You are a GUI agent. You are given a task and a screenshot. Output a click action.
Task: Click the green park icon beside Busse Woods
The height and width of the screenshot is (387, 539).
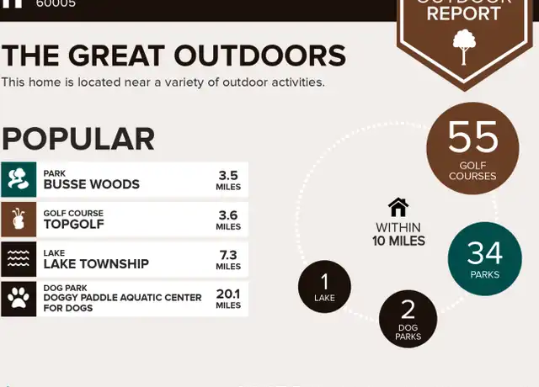pyautogui.click(x=19, y=179)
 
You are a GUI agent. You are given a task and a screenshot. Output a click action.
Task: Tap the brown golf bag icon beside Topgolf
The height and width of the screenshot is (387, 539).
pyautogui.click(x=19, y=219)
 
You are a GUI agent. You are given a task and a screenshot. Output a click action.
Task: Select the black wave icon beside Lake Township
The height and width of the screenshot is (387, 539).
pyautogui.click(x=19, y=259)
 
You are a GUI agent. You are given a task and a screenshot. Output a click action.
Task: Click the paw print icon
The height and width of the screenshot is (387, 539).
pyautogui.click(x=19, y=299)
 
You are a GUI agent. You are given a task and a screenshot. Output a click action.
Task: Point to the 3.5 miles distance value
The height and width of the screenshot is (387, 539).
pyautogui.click(x=228, y=180)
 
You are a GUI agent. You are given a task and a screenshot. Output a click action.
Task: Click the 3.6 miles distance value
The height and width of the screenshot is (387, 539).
pyautogui.click(x=228, y=220)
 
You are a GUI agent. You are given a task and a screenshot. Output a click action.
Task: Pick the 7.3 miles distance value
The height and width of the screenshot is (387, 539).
pyautogui.click(x=228, y=260)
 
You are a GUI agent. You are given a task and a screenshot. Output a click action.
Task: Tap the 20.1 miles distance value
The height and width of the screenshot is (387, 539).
pyautogui.click(x=228, y=299)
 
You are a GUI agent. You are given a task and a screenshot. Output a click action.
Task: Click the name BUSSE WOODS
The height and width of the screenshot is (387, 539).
pyautogui.click(x=92, y=184)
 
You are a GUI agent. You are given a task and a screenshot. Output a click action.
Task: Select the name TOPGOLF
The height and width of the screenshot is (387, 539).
pyautogui.click(x=73, y=225)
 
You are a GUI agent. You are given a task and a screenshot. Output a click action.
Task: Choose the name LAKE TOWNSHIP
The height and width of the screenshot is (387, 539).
pyautogui.click(x=96, y=263)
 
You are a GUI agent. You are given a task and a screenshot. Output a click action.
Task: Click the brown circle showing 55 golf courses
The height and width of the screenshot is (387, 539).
pyautogui.click(x=472, y=148)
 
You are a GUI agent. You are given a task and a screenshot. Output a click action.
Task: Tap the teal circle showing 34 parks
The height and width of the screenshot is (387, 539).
pyautogui.click(x=485, y=258)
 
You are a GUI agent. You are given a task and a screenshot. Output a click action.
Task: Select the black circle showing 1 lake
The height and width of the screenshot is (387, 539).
pyautogui.click(x=324, y=286)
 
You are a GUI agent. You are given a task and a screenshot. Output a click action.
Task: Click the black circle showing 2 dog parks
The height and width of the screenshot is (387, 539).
pyautogui.click(x=408, y=319)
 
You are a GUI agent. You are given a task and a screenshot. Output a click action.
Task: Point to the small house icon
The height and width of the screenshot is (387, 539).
pyautogui.click(x=398, y=207)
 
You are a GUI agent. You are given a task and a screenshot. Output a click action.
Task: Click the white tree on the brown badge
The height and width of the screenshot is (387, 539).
pyautogui.click(x=464, y=47)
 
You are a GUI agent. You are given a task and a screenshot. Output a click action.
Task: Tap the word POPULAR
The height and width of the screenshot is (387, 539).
pyautogui.click(x=78, y=139)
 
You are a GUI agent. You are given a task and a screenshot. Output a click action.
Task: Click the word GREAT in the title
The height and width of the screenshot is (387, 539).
pyautogui.click(x=116, y=56)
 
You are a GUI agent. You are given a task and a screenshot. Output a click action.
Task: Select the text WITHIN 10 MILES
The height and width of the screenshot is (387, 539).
pyautogui.click(x=398, y=234)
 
